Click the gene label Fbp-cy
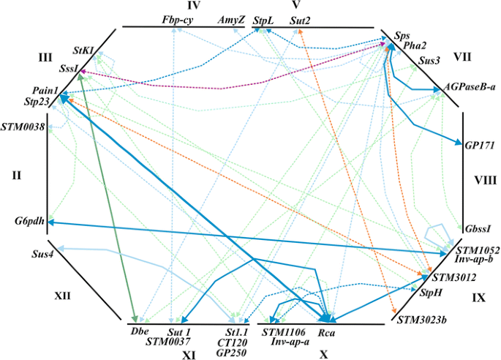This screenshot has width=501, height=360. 177,21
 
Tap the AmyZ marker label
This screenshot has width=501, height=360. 232,21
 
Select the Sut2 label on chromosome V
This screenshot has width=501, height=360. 300,21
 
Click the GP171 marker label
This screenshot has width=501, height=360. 479,146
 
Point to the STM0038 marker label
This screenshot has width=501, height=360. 23,127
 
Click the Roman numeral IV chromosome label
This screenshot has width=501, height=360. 173,6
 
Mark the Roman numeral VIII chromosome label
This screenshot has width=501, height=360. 483,179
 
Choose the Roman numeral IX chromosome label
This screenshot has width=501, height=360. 479,298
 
